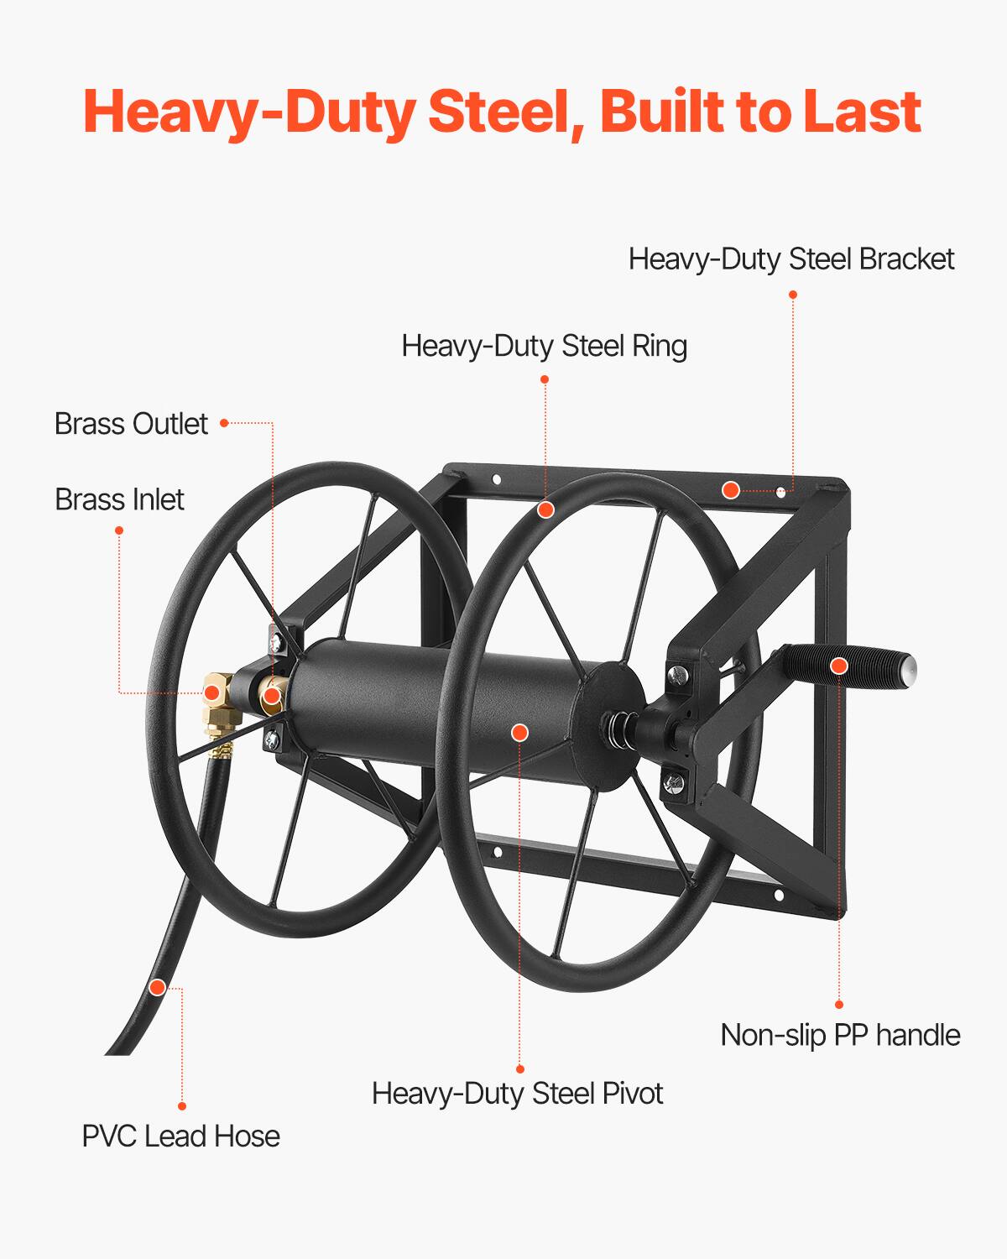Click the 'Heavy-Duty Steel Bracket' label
click(791, 259)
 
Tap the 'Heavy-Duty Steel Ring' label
click(544, 346)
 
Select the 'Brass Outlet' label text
click(131, 424)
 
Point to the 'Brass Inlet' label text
click(119, 499)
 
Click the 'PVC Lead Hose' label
click(180, 1136)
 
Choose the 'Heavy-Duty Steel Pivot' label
click(517, 1094)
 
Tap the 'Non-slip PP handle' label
click(840, 1035)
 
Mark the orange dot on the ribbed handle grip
click(838, 666)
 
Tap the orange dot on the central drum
click(519, 732)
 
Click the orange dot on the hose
click(157, 987)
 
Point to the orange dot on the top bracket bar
click(731, 490)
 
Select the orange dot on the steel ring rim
click(545, 509)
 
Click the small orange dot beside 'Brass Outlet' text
click(224, 424)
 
